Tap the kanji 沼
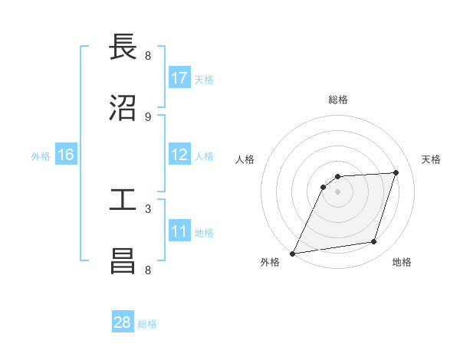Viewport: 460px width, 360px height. coord(123,108)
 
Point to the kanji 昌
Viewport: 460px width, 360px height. coord(123,261)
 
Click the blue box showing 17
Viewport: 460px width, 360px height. coord(179,78)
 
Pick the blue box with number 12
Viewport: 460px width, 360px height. coord(179,155)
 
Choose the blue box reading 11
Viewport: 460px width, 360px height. coord(179,231)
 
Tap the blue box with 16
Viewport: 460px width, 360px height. coord(66,155)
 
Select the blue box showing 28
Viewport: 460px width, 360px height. coord(123,322)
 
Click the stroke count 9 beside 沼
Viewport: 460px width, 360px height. coord(148,116)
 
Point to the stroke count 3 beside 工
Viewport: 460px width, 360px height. coord(148,208)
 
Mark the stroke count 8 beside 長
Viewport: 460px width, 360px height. coord(148,55)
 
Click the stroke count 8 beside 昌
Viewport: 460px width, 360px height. coord(148,270)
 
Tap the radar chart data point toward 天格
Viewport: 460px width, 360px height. coord(396,172)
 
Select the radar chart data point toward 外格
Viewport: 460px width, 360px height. coord(292,254)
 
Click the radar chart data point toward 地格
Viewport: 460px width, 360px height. coord(374,242)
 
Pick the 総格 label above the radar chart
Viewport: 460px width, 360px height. coord(338,100)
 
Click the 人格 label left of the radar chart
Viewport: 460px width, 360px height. coord(245,159)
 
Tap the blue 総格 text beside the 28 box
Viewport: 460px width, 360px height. coord(147,324)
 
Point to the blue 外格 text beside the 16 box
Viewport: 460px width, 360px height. coord(41,155)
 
